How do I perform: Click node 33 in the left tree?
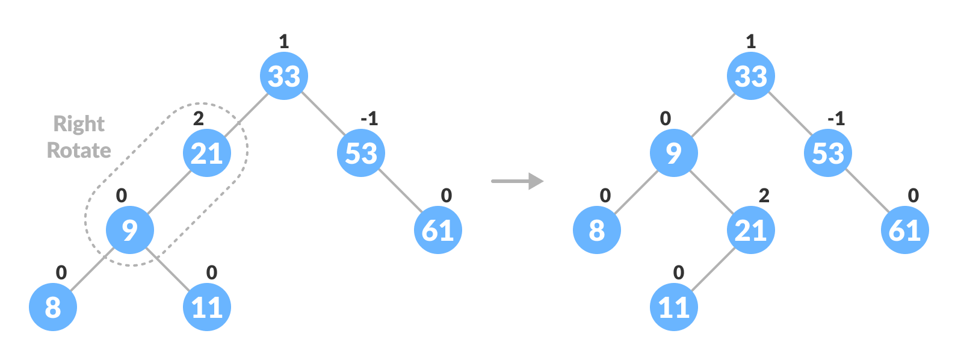point(284,76)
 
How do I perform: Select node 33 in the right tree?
point(751,76)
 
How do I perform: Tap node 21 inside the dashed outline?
point(207,153)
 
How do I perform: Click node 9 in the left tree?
point(130,230)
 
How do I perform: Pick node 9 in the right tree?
point(674,153)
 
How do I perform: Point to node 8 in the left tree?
point(53,307)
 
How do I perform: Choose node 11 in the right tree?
point(674,307)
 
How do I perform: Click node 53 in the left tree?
point(361,153)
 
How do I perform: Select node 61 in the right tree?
point(905,230)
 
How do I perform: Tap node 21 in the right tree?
point(751,230)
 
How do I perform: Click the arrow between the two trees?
point(518,181)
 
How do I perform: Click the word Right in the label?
point(79,124)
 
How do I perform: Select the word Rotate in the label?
point(79,150)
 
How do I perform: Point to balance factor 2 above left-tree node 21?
point(198,118)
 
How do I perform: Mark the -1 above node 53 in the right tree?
point(836,118)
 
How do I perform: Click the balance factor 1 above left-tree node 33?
point(284,41)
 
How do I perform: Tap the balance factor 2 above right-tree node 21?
point(764,195)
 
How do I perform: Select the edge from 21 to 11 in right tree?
point(712,268)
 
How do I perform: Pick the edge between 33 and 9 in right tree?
point(712,114)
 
